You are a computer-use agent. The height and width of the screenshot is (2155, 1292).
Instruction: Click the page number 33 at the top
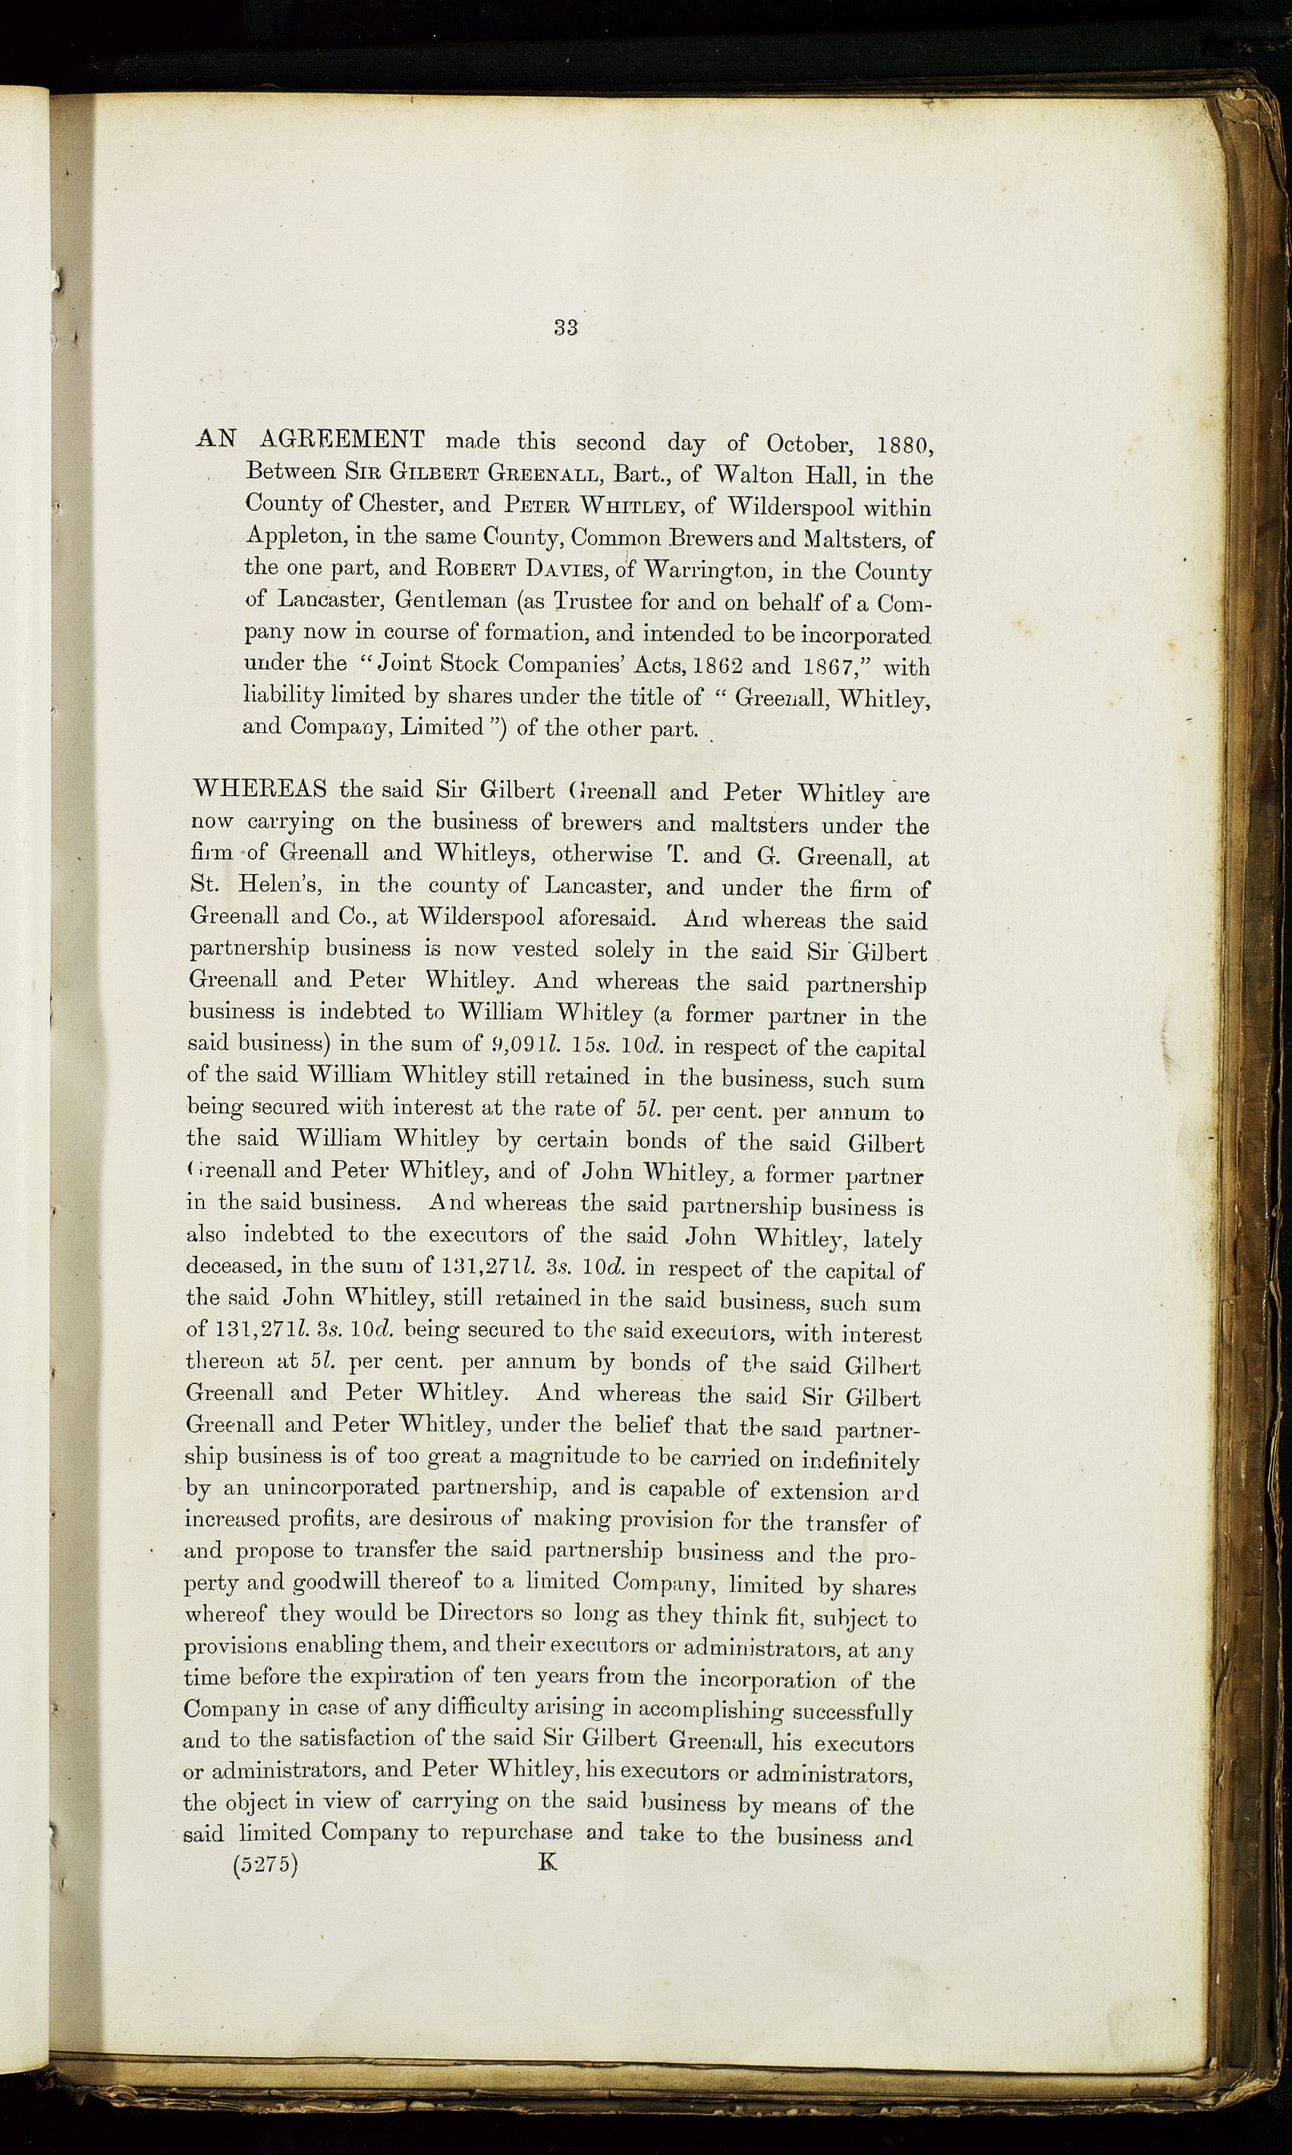[x=566, y=327]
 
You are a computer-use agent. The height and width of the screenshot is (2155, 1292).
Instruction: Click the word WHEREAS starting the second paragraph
[x=259, y=789]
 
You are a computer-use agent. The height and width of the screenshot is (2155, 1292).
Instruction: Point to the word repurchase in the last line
[x=517, y=1832]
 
